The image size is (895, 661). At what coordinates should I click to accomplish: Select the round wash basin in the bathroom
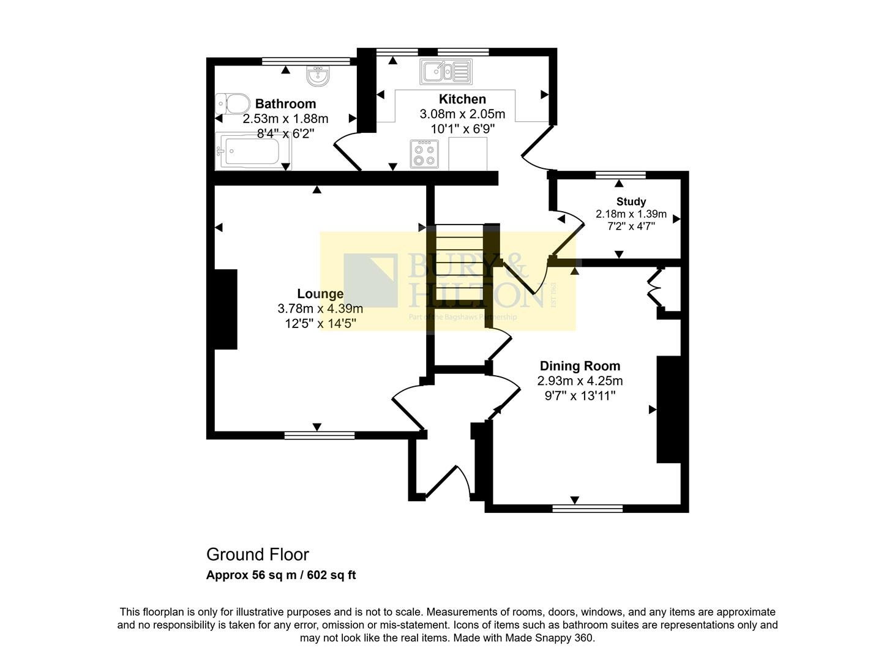pos(318,77)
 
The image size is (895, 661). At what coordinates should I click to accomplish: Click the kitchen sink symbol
pos(446,72)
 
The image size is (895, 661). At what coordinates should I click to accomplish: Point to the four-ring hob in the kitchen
pos(424,154)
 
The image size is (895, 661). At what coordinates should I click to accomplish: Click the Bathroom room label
pos(285,104)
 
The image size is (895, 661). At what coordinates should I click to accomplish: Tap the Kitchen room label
pos(462,99)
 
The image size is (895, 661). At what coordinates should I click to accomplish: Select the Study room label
pos(631,201)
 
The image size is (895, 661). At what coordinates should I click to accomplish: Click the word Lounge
pos(320,294)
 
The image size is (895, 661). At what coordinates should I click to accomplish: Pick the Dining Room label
pos(580,366)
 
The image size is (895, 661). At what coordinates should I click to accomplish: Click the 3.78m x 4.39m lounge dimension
pos(320,308)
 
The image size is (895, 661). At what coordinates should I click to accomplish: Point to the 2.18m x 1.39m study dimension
pos(631,214)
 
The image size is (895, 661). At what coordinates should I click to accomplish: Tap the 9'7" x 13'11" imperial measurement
pos(580,395)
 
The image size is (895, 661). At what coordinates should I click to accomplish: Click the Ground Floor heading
pos(258,555)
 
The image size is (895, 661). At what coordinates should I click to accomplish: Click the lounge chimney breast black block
pos(225,309)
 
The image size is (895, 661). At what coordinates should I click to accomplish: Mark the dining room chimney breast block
pos(668,409)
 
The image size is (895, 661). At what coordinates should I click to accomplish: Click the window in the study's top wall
pos(621,175)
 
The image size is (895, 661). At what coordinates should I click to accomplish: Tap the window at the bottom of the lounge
pos(320,435)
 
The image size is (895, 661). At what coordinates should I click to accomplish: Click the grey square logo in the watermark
pos(370,280)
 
